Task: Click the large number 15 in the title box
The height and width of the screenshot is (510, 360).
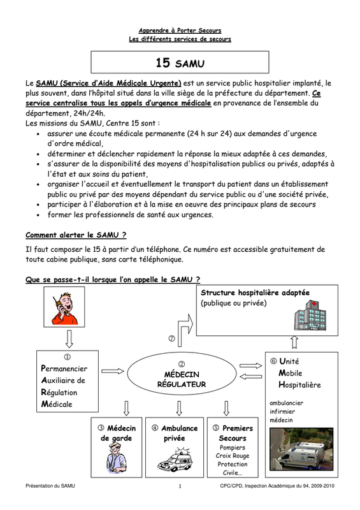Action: pyautogui.click(x=162, y=62)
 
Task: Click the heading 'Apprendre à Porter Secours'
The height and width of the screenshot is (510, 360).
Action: pyautogui.click(x=180, y=31)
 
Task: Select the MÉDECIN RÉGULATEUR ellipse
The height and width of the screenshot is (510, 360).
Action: pyautogui.click(x=182, y=375)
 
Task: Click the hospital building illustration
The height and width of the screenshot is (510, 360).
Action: pyautogui.click(x=310, y=315)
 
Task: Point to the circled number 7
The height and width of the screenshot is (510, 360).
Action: pyautogui.click(x=171, y=339)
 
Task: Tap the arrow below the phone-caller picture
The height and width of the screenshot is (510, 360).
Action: pyautogui.click(x=69, y=339)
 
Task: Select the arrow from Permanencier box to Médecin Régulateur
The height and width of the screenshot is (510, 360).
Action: pyautogui.click(x=113, y=371)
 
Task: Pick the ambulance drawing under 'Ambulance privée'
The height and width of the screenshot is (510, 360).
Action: pyautogui.click(x=175, y=460)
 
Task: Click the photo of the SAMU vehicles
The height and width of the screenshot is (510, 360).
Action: pyautogui.click(x=301, y=449)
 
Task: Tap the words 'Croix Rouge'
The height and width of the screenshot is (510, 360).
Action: pyautogui.click(x=233, y=456)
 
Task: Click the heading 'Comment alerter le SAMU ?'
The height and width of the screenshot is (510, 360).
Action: pyautogui.click(x=76, y=235)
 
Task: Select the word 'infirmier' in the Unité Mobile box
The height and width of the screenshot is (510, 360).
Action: pyautogui.click(x=282, y=411)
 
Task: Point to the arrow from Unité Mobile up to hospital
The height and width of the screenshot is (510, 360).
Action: pyautogui.click(x=294, y=342)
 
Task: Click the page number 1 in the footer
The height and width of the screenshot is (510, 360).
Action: pyautogui.click(x=180, y=486)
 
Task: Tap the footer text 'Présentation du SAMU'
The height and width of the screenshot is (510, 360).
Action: pyautogui.click(x=50, y=486)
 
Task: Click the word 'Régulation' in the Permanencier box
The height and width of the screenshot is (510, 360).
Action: pyautogui.click(x=59, y=393)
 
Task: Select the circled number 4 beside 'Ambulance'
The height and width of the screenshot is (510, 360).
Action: pyautogui.click(x=155, y=428)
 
